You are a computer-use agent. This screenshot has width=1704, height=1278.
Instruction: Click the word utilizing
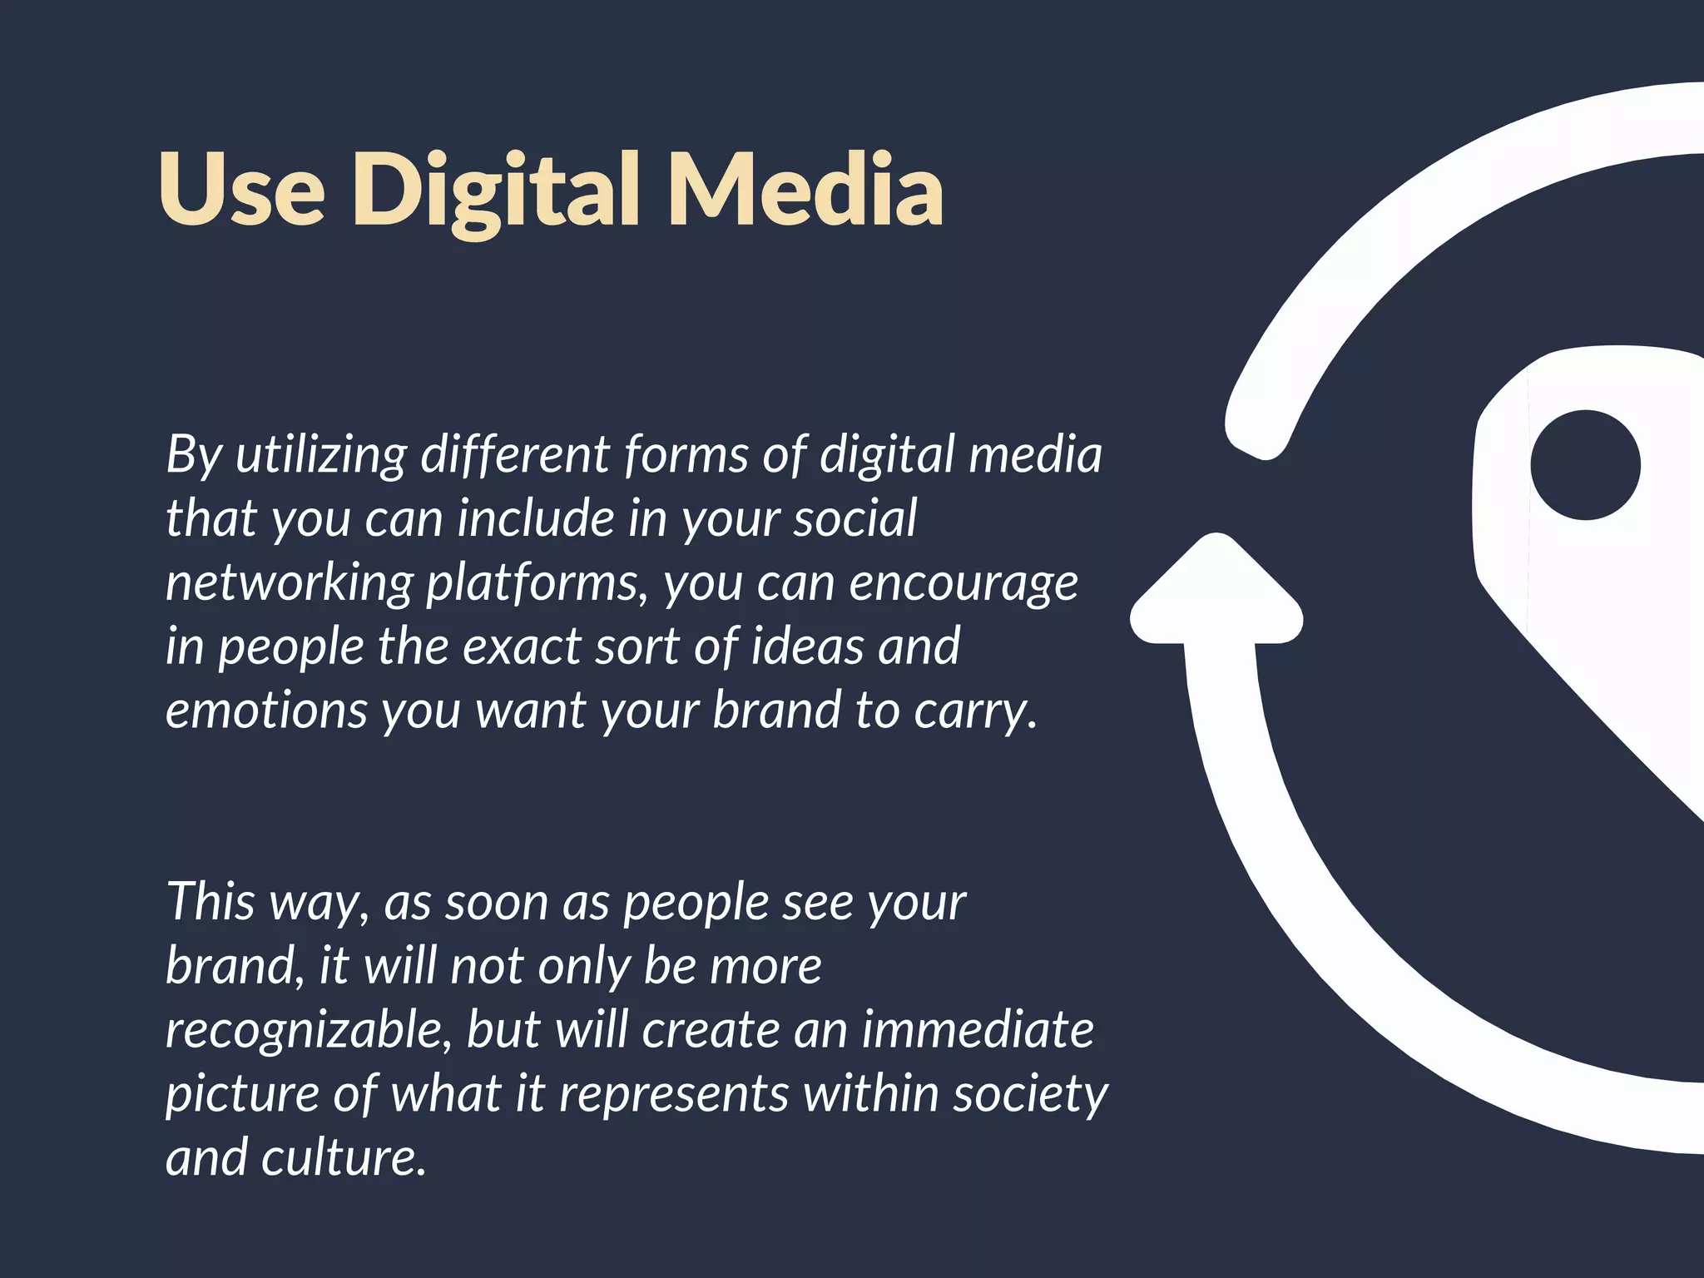[320, 456]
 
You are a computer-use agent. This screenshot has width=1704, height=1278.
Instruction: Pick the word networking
[289, 584]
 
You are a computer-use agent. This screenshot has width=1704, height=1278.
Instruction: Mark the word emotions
[266, 711]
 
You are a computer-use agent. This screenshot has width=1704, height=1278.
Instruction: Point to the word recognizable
[308, 1030]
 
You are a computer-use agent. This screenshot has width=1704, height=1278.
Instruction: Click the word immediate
[978, 1029]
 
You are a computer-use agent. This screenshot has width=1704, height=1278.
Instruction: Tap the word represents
[673, 1093]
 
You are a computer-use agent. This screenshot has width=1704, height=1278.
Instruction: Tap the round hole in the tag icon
[1585, 464]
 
